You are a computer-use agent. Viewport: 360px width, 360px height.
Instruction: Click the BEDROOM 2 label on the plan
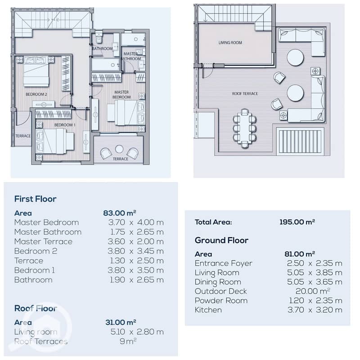coord(36,94)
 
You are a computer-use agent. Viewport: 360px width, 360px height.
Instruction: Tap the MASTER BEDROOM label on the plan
coord(121,94)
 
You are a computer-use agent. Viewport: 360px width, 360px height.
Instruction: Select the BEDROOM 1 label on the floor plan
coord(65,125)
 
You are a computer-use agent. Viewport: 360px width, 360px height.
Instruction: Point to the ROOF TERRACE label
coord(245,94)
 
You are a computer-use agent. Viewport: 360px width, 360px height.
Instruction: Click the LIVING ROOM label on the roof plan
coord(230,43)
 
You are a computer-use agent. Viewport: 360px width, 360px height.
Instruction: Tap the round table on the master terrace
coord(119,149)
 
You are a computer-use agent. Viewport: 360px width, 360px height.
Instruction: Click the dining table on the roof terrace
coord(245,129)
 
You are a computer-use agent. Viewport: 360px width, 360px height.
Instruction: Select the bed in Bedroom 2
coord(36,72)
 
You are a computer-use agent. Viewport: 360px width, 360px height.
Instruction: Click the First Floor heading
coord(36,199)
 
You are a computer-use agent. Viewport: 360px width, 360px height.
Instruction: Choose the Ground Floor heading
coord(221,240)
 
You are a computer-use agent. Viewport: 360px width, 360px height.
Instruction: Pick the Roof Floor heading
coord(36,308)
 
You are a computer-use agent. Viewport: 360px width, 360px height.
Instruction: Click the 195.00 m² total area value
coord(297,222)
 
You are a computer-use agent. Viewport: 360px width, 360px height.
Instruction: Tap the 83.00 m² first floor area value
coord(120,213)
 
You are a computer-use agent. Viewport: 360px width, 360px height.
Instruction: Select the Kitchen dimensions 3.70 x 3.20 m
coord(315,310)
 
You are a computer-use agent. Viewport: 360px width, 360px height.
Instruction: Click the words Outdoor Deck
coord(220,291)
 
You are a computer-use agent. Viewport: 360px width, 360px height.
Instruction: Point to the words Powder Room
coord(221,301)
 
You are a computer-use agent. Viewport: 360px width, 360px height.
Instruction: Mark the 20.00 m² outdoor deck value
coord(313,291)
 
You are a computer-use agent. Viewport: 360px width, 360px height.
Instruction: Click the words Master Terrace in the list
coord(43,242)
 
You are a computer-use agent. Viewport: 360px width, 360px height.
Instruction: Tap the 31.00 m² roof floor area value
coord(121,322)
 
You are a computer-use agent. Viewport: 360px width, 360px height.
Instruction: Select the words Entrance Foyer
coord(223,263)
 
